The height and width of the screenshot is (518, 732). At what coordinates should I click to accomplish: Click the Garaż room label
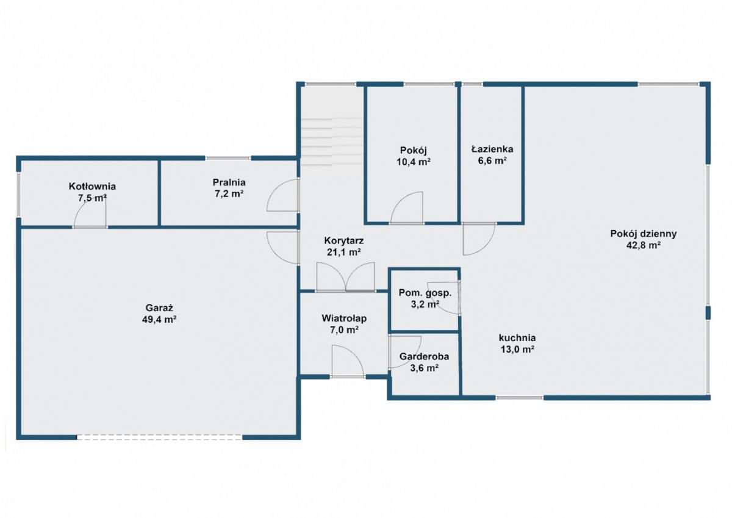tap(159, 308)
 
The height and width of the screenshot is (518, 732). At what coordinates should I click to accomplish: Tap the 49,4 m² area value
tap(159, 319)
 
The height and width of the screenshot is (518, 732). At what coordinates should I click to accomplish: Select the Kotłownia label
tap(92, 186)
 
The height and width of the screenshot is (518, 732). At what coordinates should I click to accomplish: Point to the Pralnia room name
tap(229, 182)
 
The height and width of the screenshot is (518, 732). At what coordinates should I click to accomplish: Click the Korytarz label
tap(344, 240)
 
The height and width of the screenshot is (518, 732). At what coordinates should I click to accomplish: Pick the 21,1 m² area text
tap(344, 252)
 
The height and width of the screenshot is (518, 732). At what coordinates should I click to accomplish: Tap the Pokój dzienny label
tap(644, 234)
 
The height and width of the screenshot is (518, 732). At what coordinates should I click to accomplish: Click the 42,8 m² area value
tap(644, 245)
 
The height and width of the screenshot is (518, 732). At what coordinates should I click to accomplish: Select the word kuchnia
tap(517, 337)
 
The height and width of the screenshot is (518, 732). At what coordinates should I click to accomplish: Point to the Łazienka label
tap(492, 149)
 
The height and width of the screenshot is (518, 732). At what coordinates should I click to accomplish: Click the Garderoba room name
tap(424, 356)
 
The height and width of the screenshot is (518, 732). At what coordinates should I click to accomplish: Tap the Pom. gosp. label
tap(425, 293)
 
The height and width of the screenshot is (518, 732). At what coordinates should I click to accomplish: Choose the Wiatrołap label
tap(344, 318)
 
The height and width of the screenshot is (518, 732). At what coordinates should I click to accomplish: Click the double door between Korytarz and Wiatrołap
tap(346, 276)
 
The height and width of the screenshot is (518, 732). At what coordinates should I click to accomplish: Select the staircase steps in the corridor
tap(331, 142)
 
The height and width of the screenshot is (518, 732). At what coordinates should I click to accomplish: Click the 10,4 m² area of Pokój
tap(414, 162)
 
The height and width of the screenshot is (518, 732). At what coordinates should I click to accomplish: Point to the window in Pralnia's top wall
tap(228, 158)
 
